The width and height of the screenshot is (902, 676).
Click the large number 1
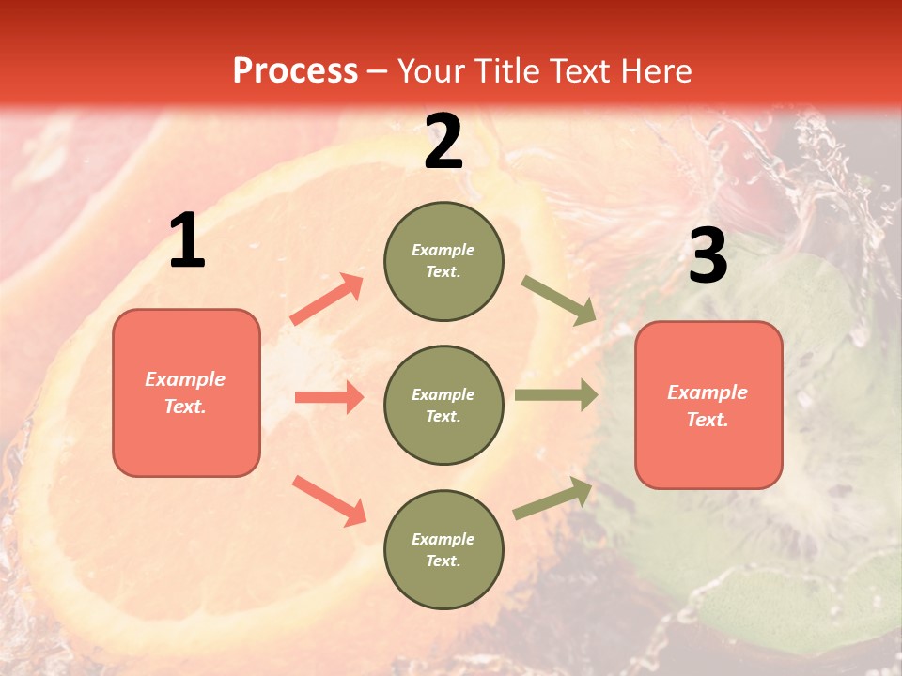[x=187, y=241]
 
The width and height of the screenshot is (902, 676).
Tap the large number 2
[x=443, y=142]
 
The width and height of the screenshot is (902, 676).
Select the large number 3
[x=708, y=256]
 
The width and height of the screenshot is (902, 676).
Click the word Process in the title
[x=295, y=70]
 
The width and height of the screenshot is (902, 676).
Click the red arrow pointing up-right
[x=327, y=300]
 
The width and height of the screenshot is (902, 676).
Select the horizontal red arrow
[x=329, y=397]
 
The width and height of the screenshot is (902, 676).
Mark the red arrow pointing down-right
[x=330, y=500]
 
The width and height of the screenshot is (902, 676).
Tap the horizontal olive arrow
[x=556, y=395]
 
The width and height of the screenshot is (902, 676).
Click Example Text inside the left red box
[x=185, y=392]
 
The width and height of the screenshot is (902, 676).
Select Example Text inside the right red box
[x=708, y=406]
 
